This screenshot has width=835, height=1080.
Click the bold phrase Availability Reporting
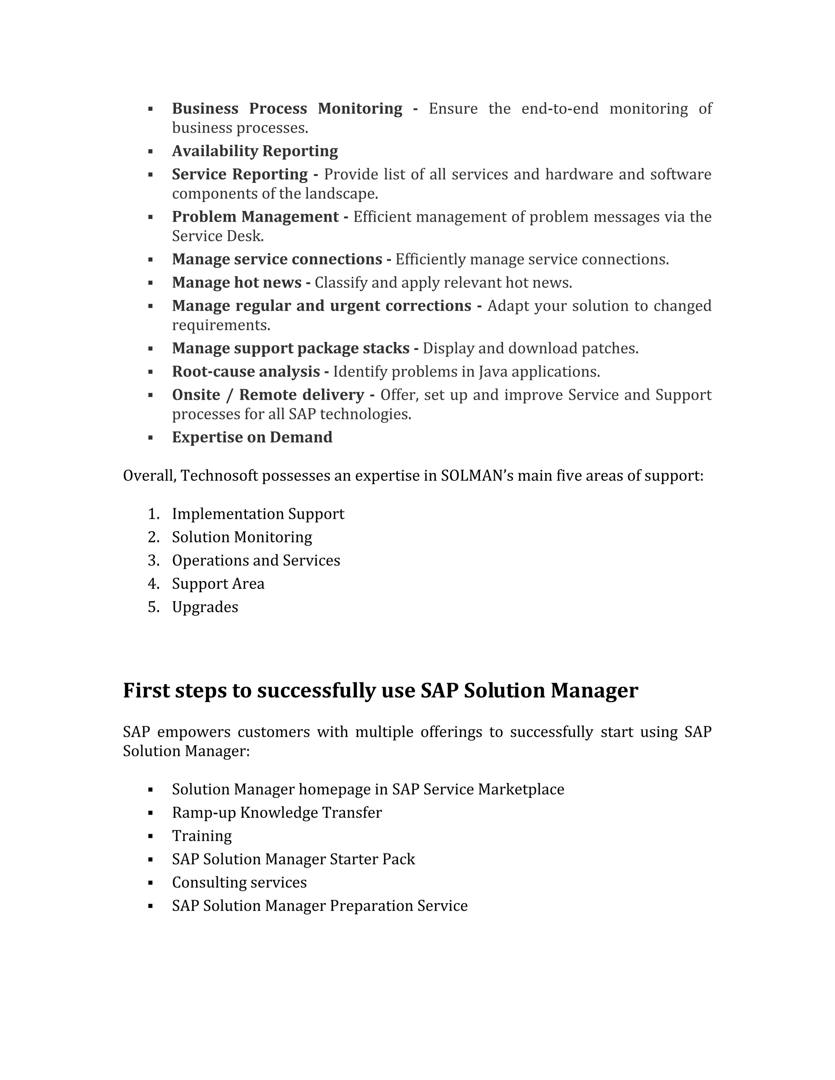255,151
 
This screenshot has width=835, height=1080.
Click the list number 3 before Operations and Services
153,561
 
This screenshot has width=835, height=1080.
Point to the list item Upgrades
205,607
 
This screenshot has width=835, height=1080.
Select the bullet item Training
202,836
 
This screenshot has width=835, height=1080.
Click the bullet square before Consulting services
150,883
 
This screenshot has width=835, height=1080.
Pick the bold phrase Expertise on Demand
252,438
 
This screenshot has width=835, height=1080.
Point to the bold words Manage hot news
236,283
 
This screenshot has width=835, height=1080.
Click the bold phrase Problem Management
255,217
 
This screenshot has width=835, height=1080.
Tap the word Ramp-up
204,813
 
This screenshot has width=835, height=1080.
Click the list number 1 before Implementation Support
153,514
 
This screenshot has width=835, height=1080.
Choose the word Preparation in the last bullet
371,906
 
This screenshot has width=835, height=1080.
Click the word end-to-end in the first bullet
559,109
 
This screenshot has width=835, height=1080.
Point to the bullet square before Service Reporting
150,174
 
